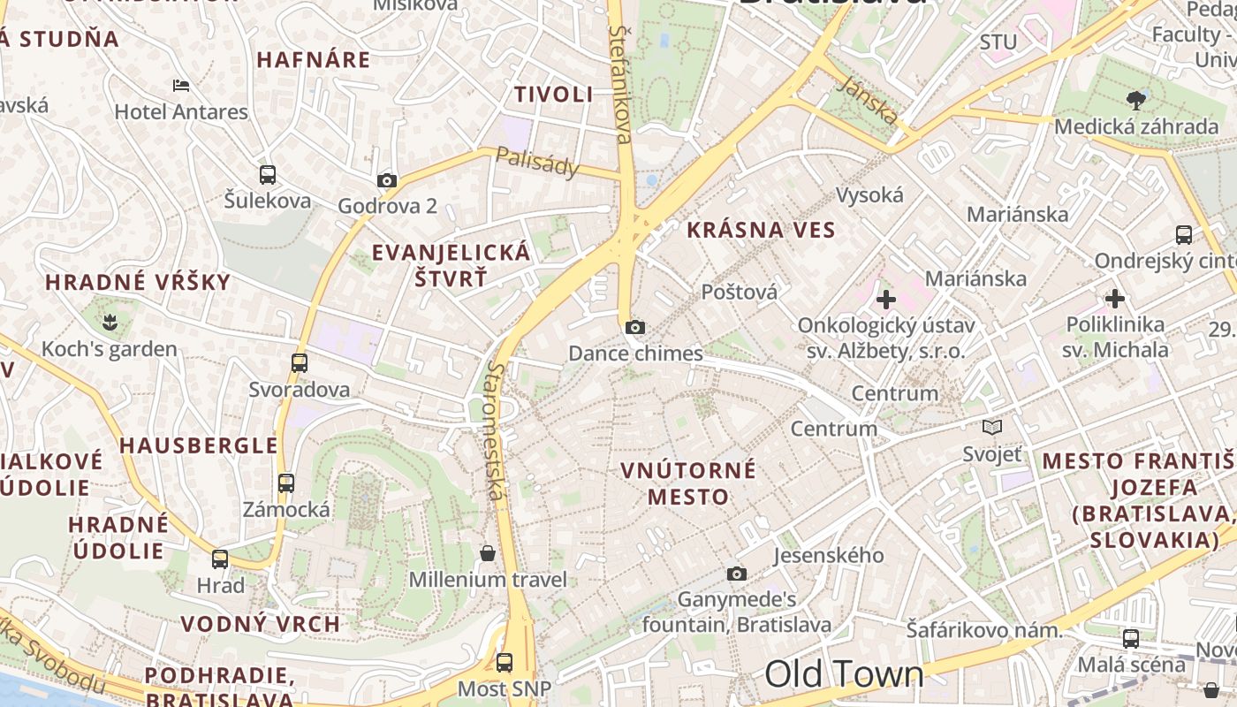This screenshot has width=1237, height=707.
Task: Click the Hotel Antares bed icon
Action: pos(181,86)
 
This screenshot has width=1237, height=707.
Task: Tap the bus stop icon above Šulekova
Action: pos(268,175)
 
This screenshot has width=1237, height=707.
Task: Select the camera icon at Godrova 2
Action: pos(387,181)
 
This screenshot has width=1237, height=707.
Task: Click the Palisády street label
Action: pos(536,162)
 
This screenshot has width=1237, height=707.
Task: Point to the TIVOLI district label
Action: pos(554,95)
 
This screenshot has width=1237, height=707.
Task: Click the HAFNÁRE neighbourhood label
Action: pos(314,60)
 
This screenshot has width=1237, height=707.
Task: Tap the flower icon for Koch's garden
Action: pos(110,320)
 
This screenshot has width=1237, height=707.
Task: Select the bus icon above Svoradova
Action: pos(300,362)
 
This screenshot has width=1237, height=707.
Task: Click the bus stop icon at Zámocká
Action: pos(286,483)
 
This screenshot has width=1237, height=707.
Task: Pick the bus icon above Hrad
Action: pos(220,559)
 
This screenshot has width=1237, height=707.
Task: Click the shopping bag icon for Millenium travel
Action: pos(487,554)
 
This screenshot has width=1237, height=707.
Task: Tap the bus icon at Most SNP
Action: pos(505,662)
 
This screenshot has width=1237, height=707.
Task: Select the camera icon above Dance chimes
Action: pos(634,328)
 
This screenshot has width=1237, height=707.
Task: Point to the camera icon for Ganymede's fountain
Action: pos(737,574)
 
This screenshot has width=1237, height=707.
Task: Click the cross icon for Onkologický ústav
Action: pos(885,300)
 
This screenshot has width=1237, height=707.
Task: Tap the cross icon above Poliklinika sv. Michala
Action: pos(1115,299)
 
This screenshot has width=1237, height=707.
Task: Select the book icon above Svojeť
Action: pos(992,428)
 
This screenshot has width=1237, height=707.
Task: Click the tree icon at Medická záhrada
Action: pos(1137,100)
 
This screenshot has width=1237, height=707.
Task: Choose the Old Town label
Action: pos(844,674)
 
